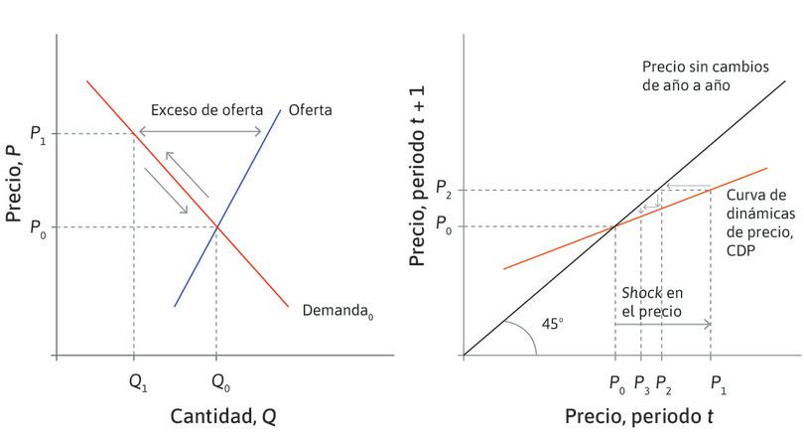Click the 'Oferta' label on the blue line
(310, 109)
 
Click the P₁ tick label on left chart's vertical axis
(38, 134)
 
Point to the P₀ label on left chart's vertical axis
(38, 227)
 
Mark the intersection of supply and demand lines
(216, 227)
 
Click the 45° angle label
(552, 324)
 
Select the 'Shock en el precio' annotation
(652, 301)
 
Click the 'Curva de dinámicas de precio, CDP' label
(759, 222)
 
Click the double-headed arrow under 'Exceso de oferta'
(199, 133)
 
